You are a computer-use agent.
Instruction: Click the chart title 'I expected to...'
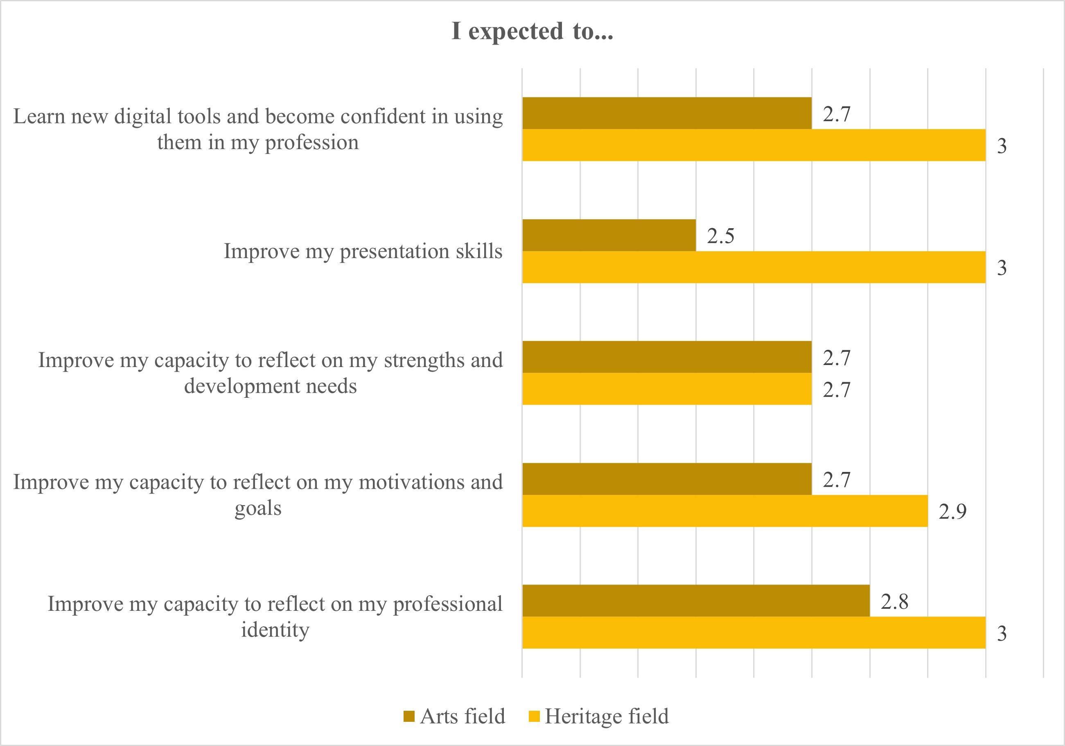pyautogui.click(x=532, y=32)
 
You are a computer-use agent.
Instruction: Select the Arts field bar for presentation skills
pyautogui.click(x=609, y=236)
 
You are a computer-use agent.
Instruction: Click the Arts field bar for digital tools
pyautogui.click(x=667, y=113)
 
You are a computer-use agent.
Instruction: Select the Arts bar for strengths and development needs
pyautogui.click(x=667, y=357)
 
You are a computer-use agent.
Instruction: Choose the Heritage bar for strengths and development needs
pyautogui.click(x=667, y=389)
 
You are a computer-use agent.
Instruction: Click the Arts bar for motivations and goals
pyautogui.click(x=667, y=479)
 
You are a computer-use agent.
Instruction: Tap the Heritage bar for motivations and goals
pyautogui.click(x=724, y=511)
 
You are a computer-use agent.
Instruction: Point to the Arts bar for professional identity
pyautogui.click(x=695, y=601)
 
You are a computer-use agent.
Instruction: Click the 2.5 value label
pyautogui.click(x=720, y=236)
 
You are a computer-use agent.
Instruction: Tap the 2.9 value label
pyautogui.click(x=952, y=512)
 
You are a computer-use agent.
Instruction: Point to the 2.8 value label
pyautogui.click(x=894, y=602)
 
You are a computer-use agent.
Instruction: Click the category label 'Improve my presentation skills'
pyautogui.click(x=363, y=251)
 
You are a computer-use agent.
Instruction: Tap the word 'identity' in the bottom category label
pyautogui.click(x=275, y=630)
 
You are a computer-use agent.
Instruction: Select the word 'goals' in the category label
pyautogui.click(x=258, y=508)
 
